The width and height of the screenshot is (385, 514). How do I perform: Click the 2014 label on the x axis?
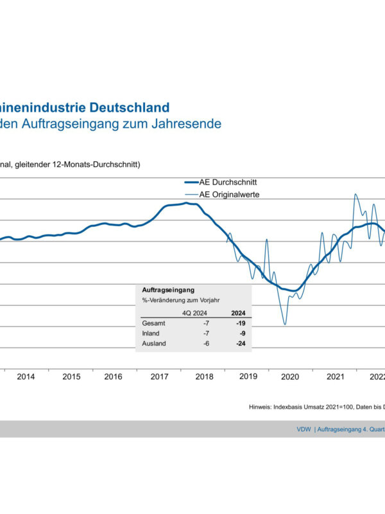point(26,377)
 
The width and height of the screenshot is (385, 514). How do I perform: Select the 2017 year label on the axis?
point(159,377)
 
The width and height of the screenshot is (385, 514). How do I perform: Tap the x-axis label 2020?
point(291,377)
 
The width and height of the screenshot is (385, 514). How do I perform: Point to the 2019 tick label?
point(248,377)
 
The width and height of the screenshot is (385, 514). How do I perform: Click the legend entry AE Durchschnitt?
point(229,182)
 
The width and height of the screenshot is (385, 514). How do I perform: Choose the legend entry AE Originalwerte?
point(230,194)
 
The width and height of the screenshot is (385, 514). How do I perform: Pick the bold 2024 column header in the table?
point(239,314)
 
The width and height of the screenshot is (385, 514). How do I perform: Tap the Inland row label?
point(151,334)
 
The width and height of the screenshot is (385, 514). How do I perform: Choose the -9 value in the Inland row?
point(243,334)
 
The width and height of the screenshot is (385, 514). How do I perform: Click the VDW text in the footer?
point(304,429)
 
